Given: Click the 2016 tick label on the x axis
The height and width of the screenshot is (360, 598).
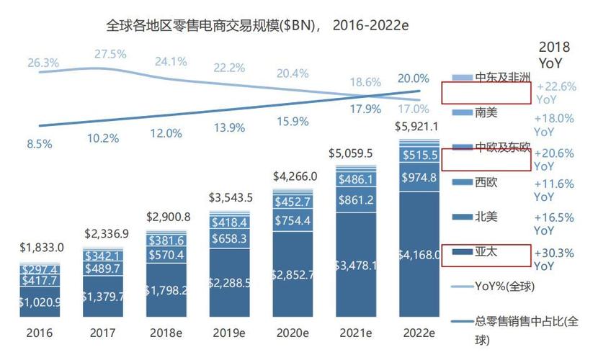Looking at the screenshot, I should tap(40, 333).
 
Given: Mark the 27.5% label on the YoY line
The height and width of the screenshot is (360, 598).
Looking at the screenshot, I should tap(110, 54).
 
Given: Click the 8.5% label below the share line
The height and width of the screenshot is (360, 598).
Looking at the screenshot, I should tap(39, 143).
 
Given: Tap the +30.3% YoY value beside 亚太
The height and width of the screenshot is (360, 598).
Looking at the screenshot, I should tap(555, 258).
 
